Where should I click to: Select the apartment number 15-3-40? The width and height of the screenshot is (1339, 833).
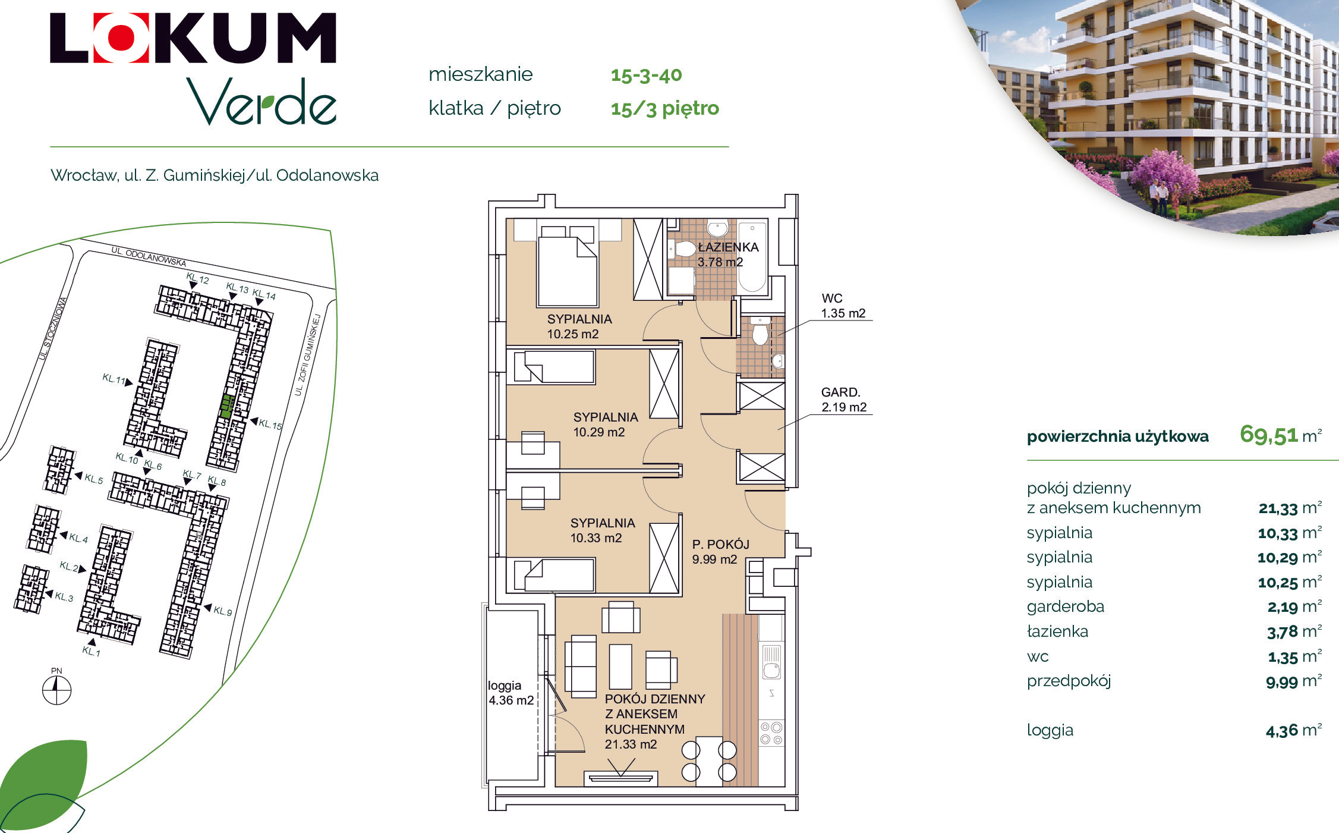pos(646,75)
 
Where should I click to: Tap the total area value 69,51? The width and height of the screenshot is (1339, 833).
pos(1268,435)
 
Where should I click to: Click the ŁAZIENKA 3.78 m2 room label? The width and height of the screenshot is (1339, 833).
pos(727,254)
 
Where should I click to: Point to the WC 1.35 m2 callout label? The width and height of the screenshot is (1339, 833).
pos(843,306)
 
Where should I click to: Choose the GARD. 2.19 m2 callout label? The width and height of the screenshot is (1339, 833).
pos(843,400)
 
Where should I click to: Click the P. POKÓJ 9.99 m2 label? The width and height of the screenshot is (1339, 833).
pos(720,552)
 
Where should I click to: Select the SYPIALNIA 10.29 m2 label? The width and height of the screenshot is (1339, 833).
pos(605,425)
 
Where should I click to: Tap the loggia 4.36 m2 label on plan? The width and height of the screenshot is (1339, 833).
pos(511,693)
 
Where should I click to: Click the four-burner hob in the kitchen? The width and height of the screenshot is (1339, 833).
pos(771,733)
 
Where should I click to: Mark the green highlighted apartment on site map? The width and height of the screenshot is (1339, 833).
pos(226,407)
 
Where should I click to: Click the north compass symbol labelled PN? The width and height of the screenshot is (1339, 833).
pos(56,690)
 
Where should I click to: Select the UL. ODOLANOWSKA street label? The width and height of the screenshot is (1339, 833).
pos(149,256)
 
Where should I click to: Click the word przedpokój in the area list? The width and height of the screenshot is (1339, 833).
pos(1069,681)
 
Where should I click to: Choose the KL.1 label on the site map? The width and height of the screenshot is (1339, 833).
pos(91,651)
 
